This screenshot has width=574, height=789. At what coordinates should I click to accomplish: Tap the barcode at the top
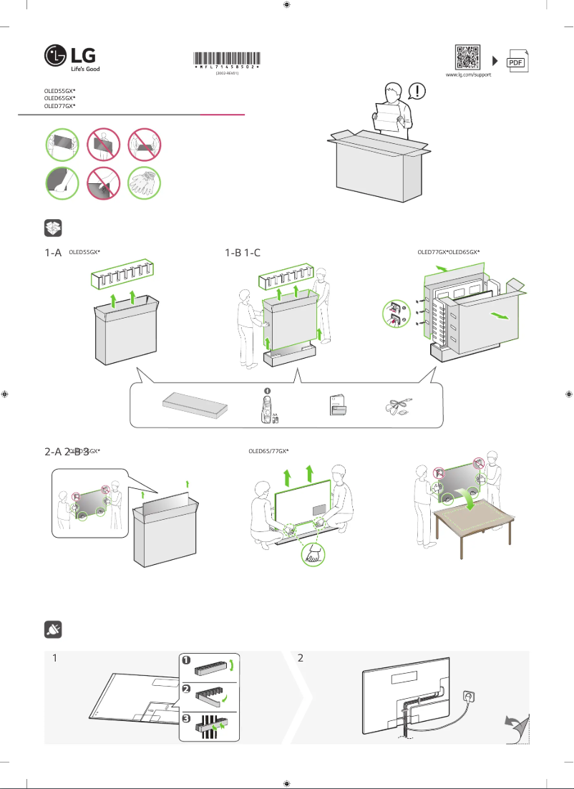click(x=226, y=59)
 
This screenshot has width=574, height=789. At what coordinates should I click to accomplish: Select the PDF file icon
click(x=517, y=62)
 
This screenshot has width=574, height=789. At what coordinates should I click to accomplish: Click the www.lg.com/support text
click(x=468, y=74)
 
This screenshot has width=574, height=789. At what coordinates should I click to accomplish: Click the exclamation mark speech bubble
click(x=418, y=91)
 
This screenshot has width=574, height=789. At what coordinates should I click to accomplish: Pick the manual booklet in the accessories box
click(x=336, y=405)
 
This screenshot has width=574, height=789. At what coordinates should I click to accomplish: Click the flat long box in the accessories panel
click(x=195, y=405)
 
